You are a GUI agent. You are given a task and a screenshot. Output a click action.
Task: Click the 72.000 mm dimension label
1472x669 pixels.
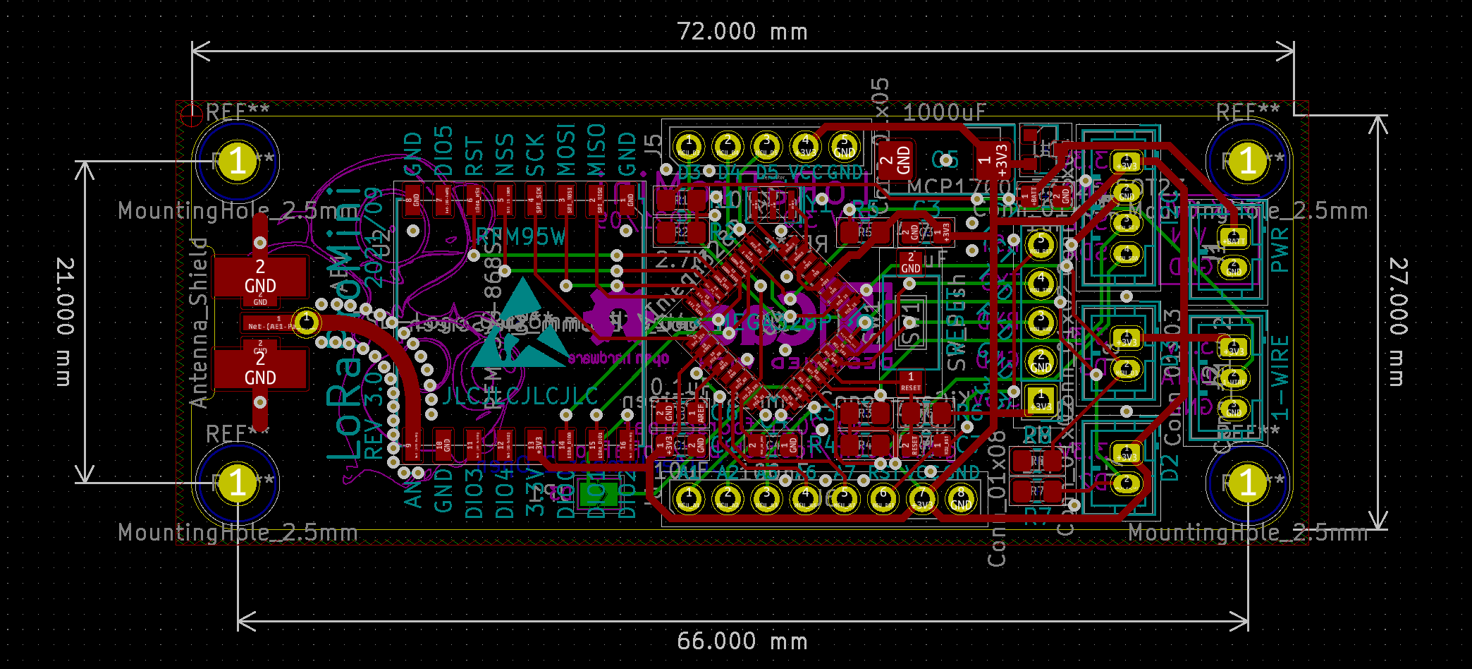[x=742, y=32]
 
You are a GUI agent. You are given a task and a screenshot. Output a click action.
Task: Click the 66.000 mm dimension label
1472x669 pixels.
[x=742, y=641]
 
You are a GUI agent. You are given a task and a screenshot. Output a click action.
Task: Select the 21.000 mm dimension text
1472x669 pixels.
[x=65, y=322]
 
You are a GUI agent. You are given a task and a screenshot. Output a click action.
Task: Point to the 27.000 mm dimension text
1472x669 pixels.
[x=1399, y=322]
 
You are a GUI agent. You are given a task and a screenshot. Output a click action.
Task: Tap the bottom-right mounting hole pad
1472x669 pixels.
[x=1248, y=483]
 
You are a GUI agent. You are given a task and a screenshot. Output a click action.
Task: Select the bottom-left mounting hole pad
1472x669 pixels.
[x=238, y=483]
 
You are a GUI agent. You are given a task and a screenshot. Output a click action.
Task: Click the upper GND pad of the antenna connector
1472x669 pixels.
[x=260, y=276]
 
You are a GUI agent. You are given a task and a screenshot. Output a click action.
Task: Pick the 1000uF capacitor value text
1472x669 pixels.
[x=944, y=112]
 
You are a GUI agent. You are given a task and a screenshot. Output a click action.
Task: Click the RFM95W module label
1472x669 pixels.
[x=521, y=237]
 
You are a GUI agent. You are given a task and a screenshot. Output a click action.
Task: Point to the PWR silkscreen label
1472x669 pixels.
[x=1280, y=250]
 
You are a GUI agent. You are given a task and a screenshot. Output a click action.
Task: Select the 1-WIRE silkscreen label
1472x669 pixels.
[x=1280, y=378]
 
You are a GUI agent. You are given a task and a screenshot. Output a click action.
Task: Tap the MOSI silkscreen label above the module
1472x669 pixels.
[x=566, y=150]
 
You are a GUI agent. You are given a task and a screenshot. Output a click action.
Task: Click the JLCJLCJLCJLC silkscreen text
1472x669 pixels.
[x=521, y=397]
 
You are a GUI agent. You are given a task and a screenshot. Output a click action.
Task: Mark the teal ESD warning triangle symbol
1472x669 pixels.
[x=522, y=325]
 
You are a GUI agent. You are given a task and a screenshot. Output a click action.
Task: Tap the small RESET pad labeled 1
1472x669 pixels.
[x=910, y=382]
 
